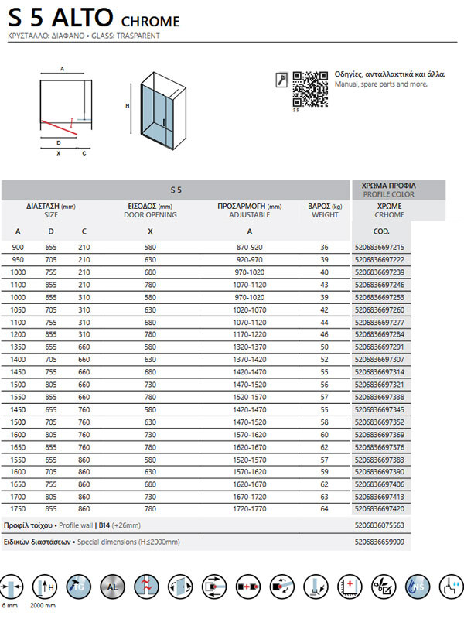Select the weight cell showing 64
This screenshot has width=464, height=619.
point(325,509)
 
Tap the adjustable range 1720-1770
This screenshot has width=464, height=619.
point(249,509)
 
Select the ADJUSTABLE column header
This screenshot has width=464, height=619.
point(249,215)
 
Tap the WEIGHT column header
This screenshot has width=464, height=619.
point(325,215)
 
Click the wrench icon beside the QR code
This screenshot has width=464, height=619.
point(281,79)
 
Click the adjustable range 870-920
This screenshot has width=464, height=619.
point(249,247)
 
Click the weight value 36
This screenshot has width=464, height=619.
point(325,247)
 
